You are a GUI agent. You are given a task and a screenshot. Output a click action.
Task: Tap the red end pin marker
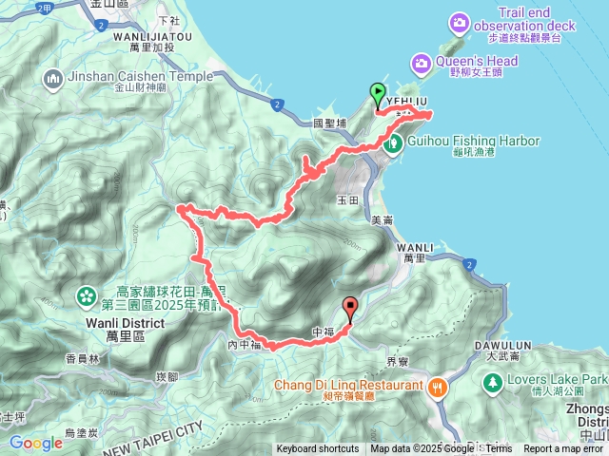coord(350,307)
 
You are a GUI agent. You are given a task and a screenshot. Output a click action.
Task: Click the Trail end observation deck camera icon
coord(461,21)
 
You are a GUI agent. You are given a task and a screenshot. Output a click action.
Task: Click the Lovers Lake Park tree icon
coord(493,383)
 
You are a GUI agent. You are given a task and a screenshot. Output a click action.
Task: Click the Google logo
coord(36,443)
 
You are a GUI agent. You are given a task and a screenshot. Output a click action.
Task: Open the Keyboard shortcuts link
coord(318,449)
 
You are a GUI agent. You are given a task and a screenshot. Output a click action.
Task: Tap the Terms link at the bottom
coord(499,449)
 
